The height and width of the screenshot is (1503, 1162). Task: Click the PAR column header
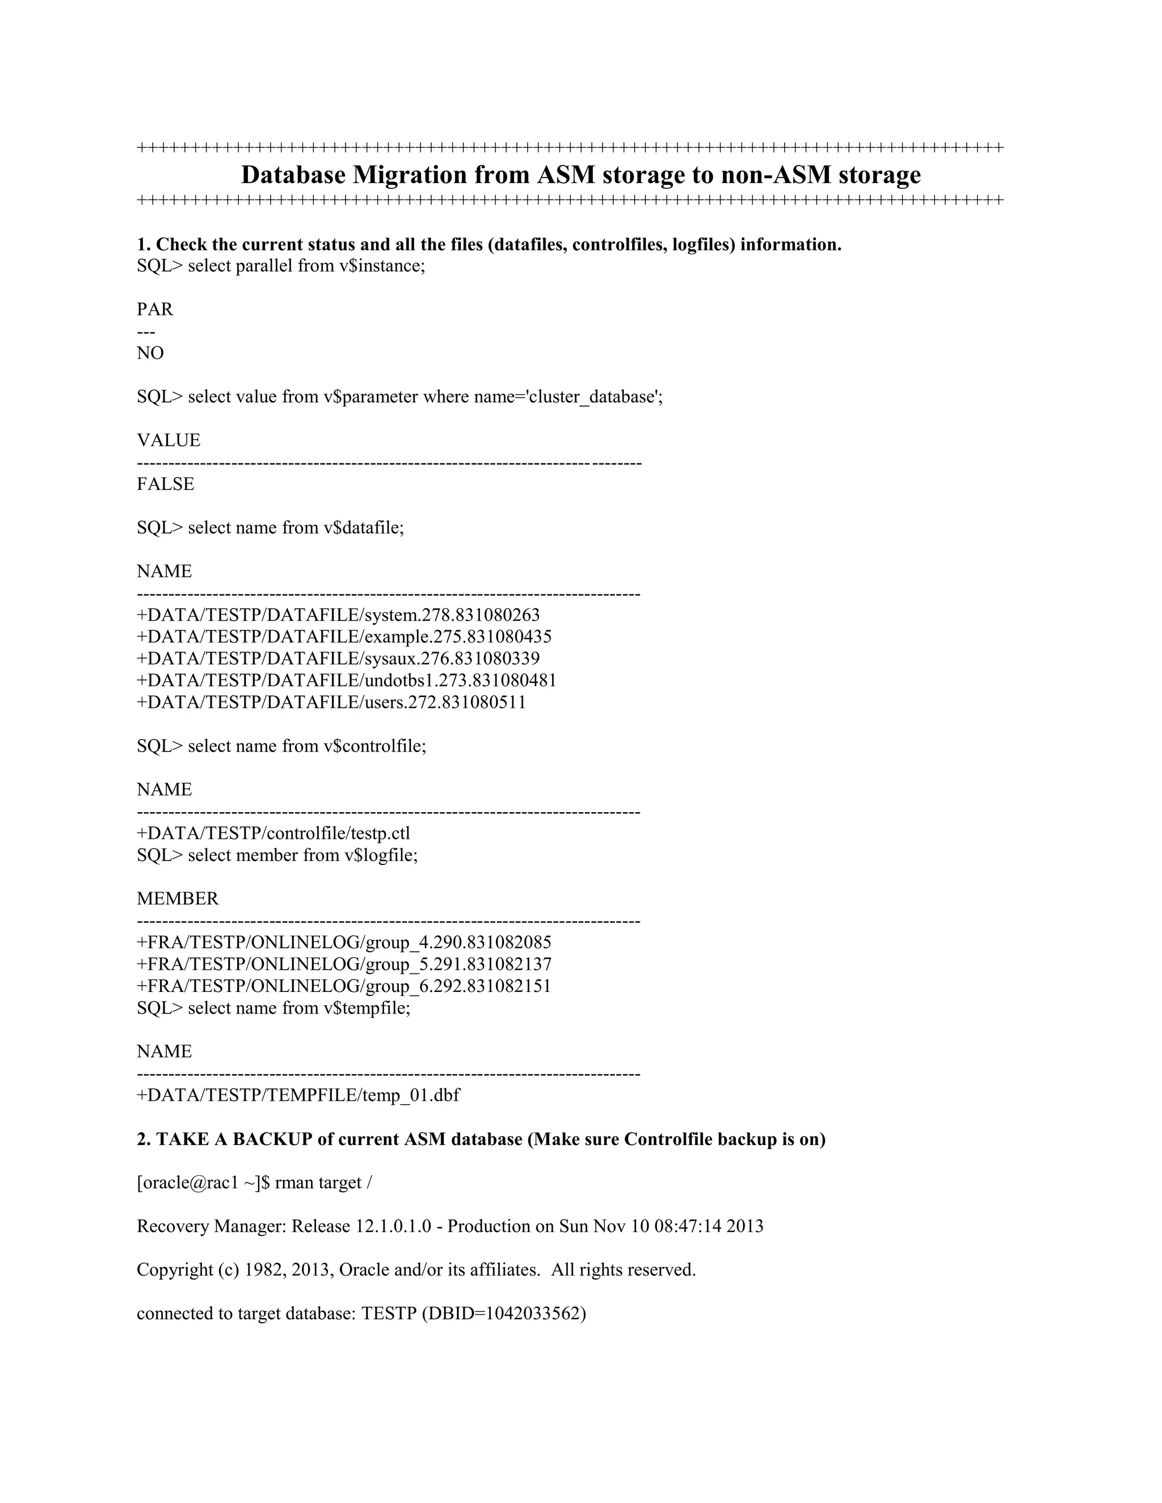tap(155, 310)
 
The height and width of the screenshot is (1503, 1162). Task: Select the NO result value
tap(150, 353)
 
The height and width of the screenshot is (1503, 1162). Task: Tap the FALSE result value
tap(165, 484)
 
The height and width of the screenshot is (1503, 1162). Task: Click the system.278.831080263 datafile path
tap(338, 615)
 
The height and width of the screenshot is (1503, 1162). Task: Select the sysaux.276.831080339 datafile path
tap(338, 658)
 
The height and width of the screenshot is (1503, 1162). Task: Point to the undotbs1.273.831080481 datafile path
tap(346, 681)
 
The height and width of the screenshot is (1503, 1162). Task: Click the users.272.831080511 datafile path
tap(331, 703)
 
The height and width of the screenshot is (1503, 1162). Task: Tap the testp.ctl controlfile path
tap(273, 833)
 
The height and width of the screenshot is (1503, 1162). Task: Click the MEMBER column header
tap(178, 899)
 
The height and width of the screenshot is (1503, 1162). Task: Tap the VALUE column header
tap(169, 441)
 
